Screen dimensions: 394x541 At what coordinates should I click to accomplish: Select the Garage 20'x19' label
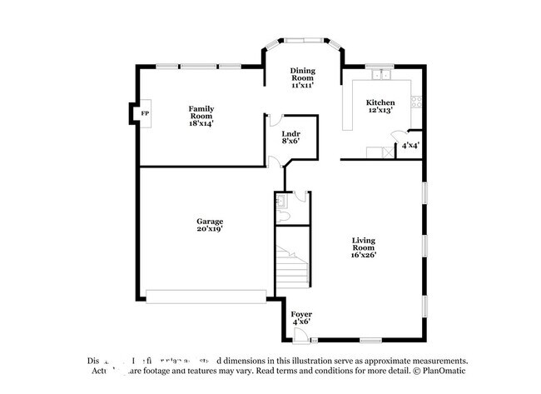pos(210,225)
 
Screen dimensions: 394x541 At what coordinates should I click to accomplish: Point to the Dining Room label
pos(300,79)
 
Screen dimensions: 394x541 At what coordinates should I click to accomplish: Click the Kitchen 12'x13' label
pos(380,107)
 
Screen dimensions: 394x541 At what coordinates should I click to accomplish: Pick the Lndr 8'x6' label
pos(290,137)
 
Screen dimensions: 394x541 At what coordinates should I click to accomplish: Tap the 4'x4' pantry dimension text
pos(410,145)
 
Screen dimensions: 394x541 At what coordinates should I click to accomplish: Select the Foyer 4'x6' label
pos(301,318)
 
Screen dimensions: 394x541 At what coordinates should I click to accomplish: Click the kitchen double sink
pos(382,76)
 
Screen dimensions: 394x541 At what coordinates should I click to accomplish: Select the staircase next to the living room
pos(292,267)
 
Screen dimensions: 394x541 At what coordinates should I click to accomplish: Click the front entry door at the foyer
pos(300,335)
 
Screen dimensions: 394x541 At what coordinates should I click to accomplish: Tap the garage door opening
pos(206,294)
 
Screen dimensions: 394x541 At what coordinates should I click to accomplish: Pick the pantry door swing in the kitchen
pos(403,137)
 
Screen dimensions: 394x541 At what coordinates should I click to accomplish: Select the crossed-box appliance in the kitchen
pos(385,152)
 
